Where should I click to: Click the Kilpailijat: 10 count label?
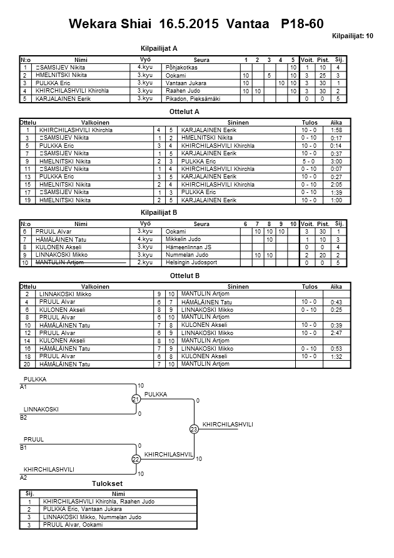coord(352,37)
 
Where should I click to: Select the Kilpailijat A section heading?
coord(159,48)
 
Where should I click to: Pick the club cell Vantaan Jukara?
coord(186,83)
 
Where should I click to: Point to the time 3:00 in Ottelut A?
coord(336,161)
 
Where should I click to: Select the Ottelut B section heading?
coord(184,276)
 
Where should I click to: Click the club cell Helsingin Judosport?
coord(190,262)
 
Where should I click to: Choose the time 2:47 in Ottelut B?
coord(336,334)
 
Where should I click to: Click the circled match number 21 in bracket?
coord(135,400)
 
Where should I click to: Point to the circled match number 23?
coord(194,429)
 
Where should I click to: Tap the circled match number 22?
coord(135,460)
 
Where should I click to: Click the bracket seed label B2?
coord(24,416)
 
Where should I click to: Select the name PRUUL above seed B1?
coord(34,440)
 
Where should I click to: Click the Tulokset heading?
coord(107,484)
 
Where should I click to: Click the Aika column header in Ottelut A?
coord(336,122)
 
